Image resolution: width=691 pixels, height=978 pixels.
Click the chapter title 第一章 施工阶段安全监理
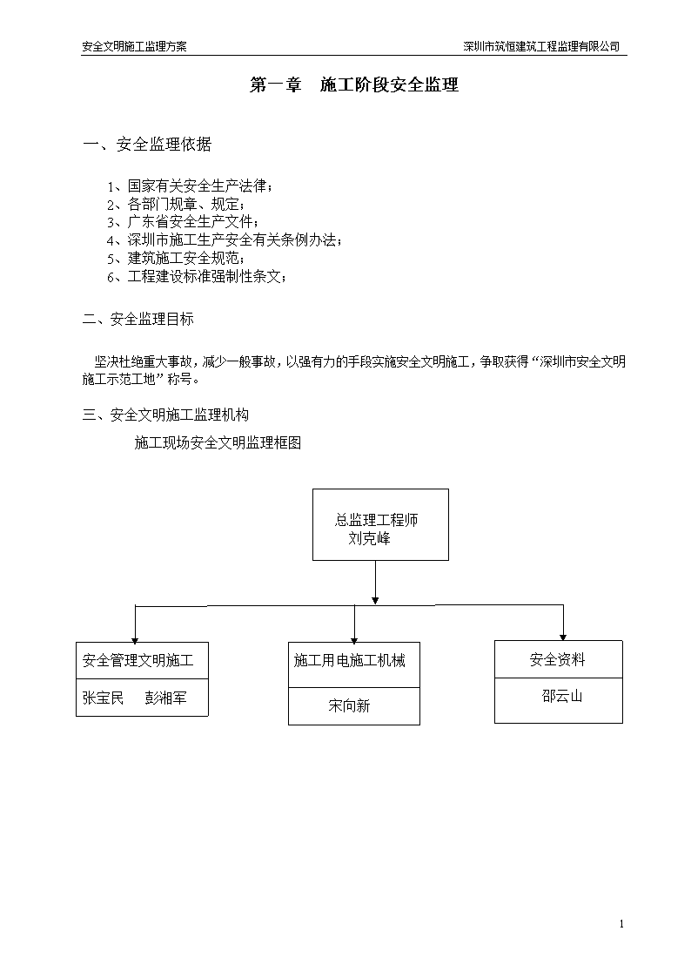tap(354, 84)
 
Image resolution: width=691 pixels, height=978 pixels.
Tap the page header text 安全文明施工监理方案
tap(135, 46)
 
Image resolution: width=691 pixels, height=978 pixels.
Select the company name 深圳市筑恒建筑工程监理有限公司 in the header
tap(541, 46)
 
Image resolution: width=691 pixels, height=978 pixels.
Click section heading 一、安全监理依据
tap(147, 144)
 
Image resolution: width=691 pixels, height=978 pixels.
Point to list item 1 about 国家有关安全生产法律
tap(190, 185)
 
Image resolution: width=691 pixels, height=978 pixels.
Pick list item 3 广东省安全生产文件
tap(183, 222)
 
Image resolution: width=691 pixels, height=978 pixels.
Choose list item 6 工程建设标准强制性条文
tap(197, 276)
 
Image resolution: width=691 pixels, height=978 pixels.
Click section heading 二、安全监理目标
tap(138, 320)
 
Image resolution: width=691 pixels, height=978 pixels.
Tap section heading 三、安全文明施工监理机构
tap(165, 415)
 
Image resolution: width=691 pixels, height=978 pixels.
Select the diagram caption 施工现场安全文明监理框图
tap(218, 443)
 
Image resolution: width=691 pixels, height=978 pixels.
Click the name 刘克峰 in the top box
tap(370, 538)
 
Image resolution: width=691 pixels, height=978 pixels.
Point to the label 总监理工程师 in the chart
tap(376, 520)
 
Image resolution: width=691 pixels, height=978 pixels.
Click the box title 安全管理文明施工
tap(138, 660)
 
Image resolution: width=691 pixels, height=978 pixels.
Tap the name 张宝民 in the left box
tap(103, 698)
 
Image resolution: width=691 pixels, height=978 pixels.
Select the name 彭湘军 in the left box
tap(165, 698)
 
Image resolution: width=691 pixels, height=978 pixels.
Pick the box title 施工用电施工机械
tap(350, 660)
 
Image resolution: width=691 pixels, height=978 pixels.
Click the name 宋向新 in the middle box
tap(350, 706)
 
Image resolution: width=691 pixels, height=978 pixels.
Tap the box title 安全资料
tap(558, 659)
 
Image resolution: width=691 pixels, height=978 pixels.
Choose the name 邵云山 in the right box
tap(562, 696)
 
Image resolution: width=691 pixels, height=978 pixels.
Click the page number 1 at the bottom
tap(621, 924)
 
